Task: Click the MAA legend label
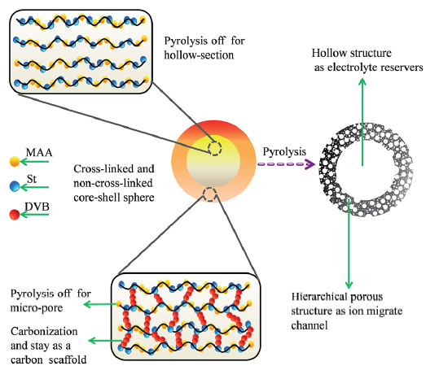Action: (x=39, y=153)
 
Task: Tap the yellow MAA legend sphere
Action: (x=15, y=162)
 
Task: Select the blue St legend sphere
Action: (x=15, y=186)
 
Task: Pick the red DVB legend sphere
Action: (x=15, y=215)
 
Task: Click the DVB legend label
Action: (x=37, y=207)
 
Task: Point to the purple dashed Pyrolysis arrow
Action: (x=286, y=164)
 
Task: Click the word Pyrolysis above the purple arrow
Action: (x=284, y=152)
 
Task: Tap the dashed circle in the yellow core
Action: (x=215, y=148)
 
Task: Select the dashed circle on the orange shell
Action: (x=209, y=194)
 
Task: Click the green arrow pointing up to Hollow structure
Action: (x=362, y=122)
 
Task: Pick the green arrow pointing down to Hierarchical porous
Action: (x=349, y=244)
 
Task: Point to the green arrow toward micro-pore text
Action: (x=101, y=304)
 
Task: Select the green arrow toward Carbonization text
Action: (x=105, y=341)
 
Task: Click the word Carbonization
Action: (x=44, y=331)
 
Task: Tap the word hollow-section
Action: (x=199, y=55)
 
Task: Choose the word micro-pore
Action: (x=37, y=308)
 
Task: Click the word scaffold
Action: (x=68, y=359)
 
